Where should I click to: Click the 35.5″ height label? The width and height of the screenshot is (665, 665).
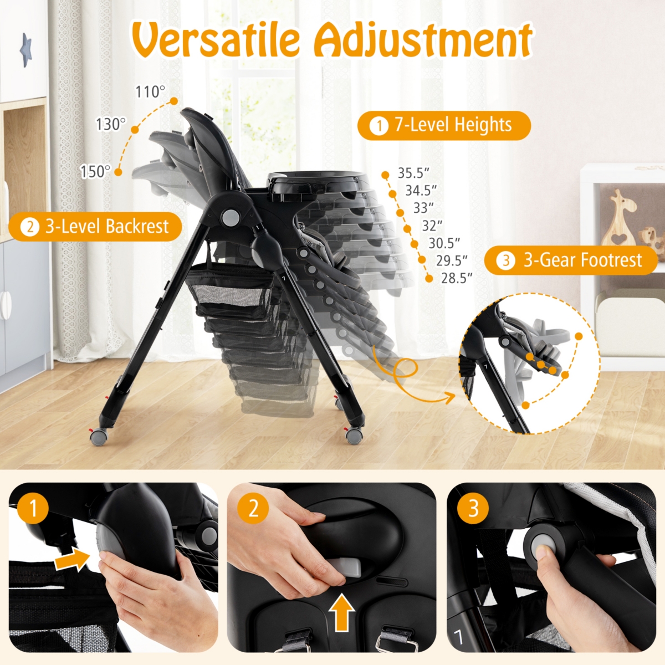coord(413,173)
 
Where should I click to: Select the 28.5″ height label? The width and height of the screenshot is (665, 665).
coord(457,278)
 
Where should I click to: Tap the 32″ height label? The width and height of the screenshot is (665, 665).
coord(432,226)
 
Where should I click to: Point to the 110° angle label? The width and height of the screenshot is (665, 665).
coord(150,91)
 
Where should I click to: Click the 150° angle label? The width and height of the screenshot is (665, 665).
coord(95,172)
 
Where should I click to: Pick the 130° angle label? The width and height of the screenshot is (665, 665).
coord(111,124)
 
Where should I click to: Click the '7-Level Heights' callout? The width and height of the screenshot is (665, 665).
coord(444,125)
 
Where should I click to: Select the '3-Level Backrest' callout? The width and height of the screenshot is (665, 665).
coord(95,227)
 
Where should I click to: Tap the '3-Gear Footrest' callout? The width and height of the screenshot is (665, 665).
coord(571,260)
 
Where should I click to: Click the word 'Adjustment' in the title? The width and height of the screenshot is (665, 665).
coord(423,40)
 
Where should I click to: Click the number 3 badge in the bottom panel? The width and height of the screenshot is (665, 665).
coord(473,508)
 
